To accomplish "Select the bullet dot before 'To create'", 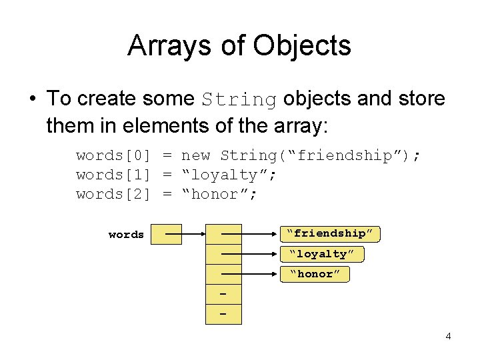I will pos(32,99).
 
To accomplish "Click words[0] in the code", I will pos(113,155).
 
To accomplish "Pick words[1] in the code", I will pos(113,175).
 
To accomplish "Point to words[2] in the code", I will pos(113,194).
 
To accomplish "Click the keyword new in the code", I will pos(196,155).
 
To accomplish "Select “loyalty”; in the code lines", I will pos(229,175).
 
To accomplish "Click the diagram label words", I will pos(126,235).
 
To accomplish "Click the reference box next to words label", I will pos(166,235).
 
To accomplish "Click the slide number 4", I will pos(448,336).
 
